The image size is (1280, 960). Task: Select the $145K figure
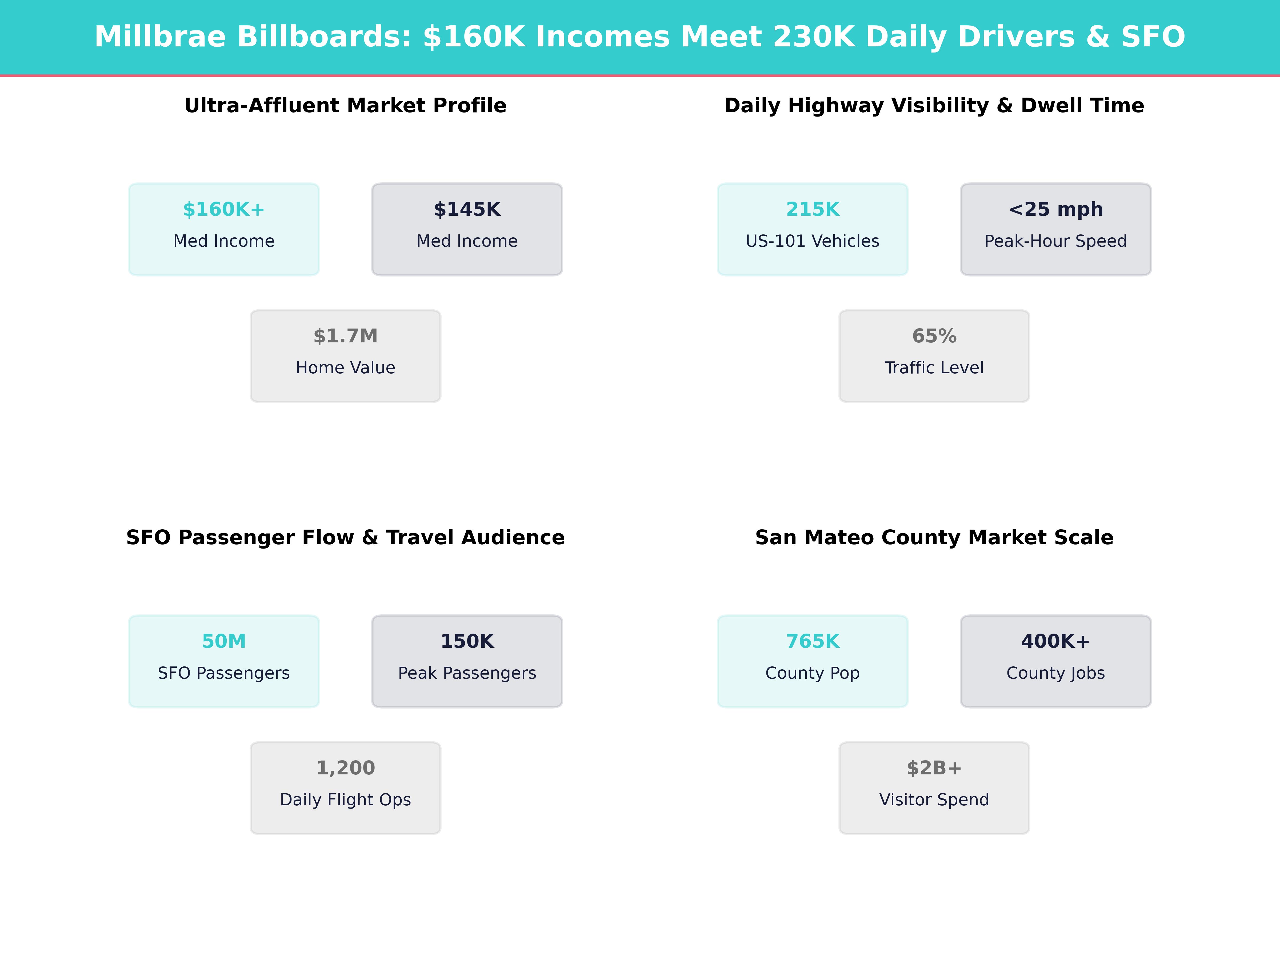coord(467,210)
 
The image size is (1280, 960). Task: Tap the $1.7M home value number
coord(345,336)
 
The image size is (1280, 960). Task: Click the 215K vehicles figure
coord(813,210)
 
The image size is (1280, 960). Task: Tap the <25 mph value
coord(1055,210)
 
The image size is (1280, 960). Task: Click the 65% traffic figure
coord(934,336)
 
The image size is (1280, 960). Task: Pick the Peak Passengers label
coord(467,673)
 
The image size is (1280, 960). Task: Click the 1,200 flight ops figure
coord(345,768)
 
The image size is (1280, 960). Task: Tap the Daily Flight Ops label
coord(345,800)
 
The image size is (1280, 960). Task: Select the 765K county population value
coord(813,641)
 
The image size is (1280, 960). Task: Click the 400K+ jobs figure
coord(1055,641)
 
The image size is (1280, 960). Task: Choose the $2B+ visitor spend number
coord(934,768)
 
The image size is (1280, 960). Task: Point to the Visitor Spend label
coord(934,800)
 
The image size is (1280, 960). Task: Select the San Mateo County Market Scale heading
coord(934,538)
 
